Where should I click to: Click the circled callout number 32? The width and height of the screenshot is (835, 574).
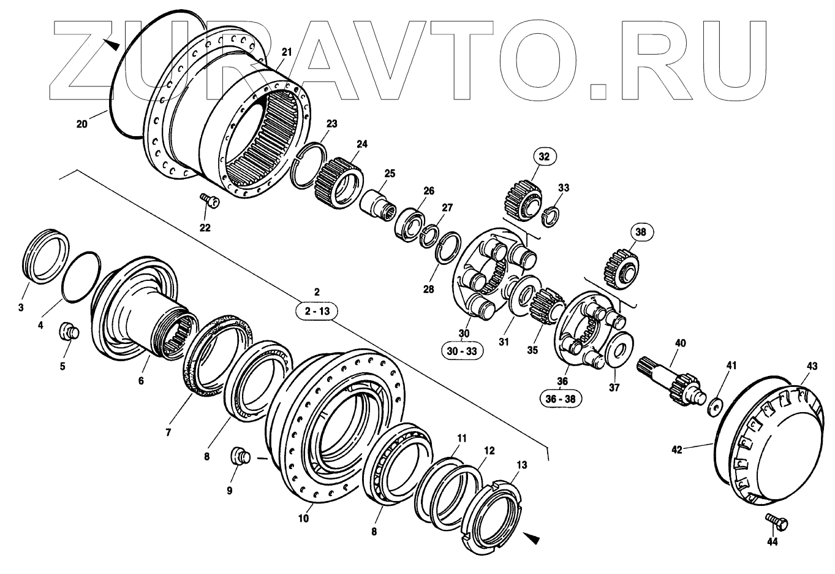pyautogui.click(x=545, y=156)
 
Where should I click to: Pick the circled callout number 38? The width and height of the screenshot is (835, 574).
pyautogui.click(x=640, y=232)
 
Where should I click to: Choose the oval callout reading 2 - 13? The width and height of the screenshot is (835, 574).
pyautogui.click(x=317, y=312)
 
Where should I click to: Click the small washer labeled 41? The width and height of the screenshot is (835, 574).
pyautogui.click(x=714, y=406)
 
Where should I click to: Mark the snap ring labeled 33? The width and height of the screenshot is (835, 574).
pyautogui.click(x=553, y=213)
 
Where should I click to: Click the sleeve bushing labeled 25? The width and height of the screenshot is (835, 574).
pyautogui.click(x=375, y=203)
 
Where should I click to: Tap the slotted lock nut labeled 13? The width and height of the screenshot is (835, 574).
pyautogui.click(x=496, y=510)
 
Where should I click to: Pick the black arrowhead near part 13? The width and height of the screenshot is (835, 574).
pyautogui.click(x=532, y=538)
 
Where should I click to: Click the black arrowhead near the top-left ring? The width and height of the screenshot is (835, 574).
pyautogui.click(x=111, y=45)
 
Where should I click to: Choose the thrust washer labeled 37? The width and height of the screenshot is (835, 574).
pyautogui.click(x=619, y=351)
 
